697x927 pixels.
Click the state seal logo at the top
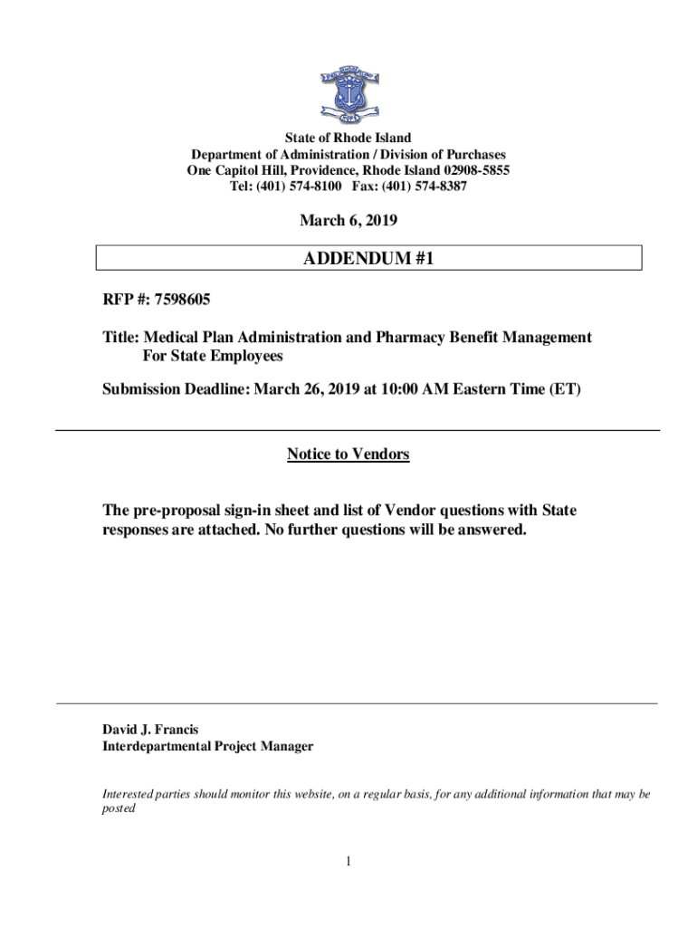(x=348, y=93)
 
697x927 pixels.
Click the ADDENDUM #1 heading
(x=369, y=258)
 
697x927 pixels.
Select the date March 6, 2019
(x=348, y=220)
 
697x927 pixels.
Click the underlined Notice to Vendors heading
(x=348, y=454)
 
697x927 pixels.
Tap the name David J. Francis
(x=150, y=729)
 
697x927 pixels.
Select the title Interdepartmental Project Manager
(x=208, y=747)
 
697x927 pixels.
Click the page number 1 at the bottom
(x=348, y=860)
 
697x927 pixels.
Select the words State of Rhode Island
(x=348, y=139)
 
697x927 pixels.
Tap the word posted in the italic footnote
(x=118, y=809)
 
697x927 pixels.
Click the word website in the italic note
(x=301, y=794)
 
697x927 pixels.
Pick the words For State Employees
(x=214, y=357)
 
